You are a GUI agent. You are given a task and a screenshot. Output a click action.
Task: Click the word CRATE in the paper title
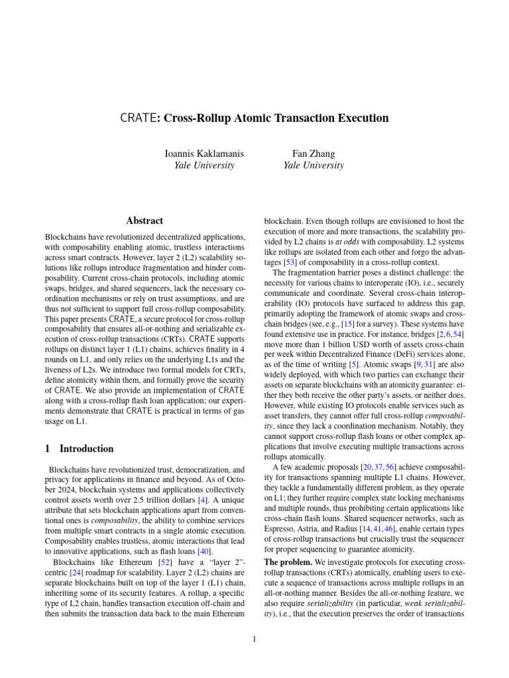click(x=137, y=119)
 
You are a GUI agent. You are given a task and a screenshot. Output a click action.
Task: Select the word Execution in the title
click(x=359, y=119)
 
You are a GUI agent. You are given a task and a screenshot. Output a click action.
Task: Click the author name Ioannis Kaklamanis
click(x=204, y=154)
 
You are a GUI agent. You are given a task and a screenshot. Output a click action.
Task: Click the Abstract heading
click(x=144, y=220)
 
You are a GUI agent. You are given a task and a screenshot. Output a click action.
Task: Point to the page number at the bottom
click(x=254, y=639)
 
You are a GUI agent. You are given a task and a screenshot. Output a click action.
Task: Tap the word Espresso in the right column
click(x=281, y=530)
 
